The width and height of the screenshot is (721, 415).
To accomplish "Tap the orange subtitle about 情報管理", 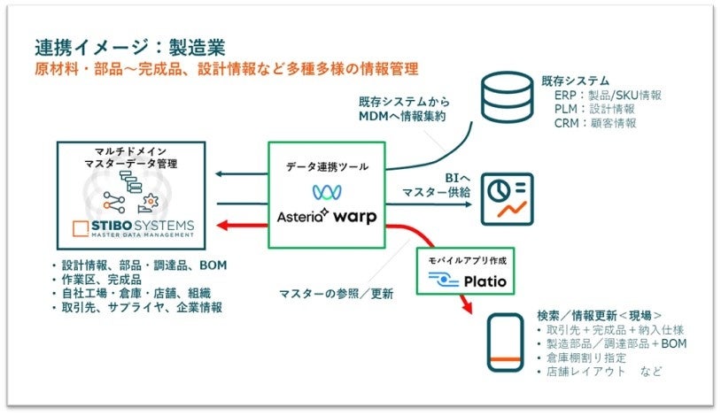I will coord(226,68).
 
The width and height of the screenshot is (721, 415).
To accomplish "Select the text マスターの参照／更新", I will coord(336,292).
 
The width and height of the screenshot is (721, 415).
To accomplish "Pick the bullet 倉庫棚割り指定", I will coord(585,357).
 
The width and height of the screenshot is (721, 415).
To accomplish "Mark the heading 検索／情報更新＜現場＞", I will coord(600,315).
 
